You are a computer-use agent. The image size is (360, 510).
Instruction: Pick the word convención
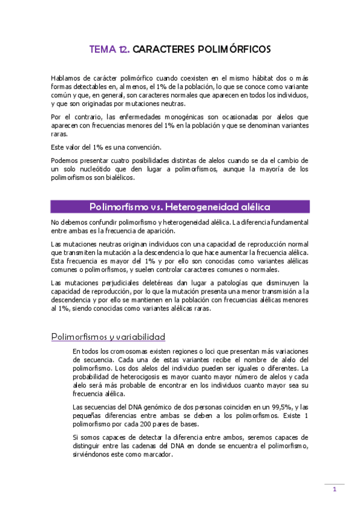145,147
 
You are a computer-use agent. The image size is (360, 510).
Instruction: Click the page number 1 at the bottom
335,490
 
